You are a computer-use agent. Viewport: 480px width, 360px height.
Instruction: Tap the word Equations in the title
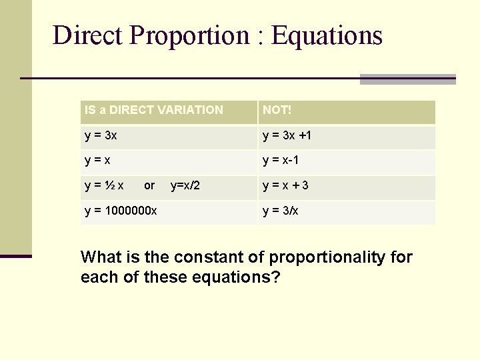(x=327, y=35)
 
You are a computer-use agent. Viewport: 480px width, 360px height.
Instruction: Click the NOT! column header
(x=275, y=110)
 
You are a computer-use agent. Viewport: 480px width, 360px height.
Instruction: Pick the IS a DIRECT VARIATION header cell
(x=154, y=110)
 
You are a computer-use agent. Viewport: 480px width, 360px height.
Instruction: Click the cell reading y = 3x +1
(x=287, y=135)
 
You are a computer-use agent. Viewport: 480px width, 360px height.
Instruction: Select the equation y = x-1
(x=285, y=160)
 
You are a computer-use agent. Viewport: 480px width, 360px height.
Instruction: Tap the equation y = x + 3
(x=286, y=185)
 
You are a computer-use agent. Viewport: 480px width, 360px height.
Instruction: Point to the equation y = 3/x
(x=281, y=211)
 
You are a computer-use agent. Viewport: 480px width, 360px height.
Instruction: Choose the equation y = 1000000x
(x=121, y=211)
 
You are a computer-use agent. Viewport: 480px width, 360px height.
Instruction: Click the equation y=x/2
(x=185, y=185)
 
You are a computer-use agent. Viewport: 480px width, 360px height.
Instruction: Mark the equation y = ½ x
(x=105, y=185)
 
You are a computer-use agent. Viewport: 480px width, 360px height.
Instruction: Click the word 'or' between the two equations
(x=149, y=185)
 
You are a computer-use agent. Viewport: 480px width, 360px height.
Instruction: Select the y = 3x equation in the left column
(x=101, y=135)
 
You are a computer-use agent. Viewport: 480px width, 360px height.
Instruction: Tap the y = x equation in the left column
(x=98, y=160)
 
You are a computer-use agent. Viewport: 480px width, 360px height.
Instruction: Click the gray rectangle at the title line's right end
(x=407, y=79)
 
